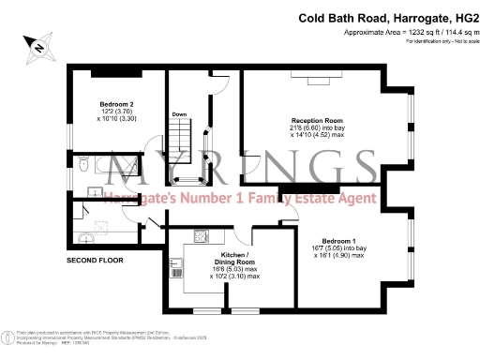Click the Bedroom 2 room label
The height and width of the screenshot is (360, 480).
(118, 104)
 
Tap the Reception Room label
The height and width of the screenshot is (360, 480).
(316, 121)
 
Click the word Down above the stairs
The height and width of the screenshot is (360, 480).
(179, 114)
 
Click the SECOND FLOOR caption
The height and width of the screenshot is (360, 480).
(95, 259)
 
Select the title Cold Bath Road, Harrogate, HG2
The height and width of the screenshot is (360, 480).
(387, 17)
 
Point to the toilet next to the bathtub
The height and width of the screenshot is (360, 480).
(83, 166)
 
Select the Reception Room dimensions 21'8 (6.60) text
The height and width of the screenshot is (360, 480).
(316, 128)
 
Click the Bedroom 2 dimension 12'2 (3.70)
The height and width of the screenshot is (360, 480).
(117, 112)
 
